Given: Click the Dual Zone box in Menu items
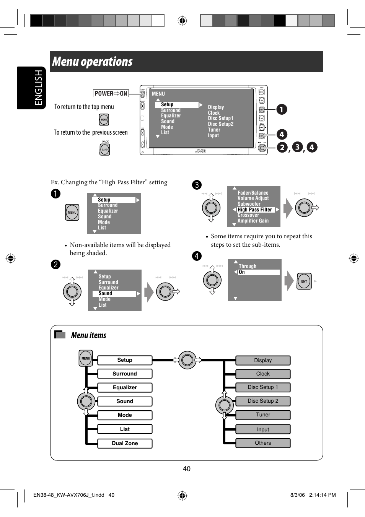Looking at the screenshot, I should pyautogui.click(x=125, y=443).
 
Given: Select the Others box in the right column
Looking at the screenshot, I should pyautogui.click(x=263, y=443).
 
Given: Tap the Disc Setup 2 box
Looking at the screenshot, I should pyautogui.click(x=263, y=401).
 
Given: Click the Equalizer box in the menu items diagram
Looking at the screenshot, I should pyautogui.click(x=125, y=387).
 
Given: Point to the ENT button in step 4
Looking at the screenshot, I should pyautogui.click(x=304, y=281).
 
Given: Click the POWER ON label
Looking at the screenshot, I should pyautogui.click(x=111, y=93).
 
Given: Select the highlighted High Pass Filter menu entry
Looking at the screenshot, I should pyautogui.click(x=255, y=210).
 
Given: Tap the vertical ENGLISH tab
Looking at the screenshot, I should pyautogui.click(x=38, y=88).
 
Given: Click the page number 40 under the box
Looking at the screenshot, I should pyautogui.click(x=187, y=469).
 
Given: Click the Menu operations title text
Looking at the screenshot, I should pyautogui.click(x=93, y=62).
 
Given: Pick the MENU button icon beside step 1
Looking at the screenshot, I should pyautogui.click(x=72, y=212).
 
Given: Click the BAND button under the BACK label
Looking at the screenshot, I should pyautogui.click(x=105, y=150).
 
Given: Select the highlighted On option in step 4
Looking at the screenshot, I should pyautogui.click(x=259, y=272).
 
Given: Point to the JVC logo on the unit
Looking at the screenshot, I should pyautogui.click(x=200, y=151).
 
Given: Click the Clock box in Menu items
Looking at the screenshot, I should pyautogui.click(x=263, y=374).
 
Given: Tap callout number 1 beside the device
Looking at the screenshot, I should pyautogui.click(x=282, y=109).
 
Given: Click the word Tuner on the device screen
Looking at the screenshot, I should pyautogui.click(x=214, y=130).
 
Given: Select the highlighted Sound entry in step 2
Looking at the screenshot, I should pyautogui.click(x=114, y=294).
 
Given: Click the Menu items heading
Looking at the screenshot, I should pyautogui.click(x=89, y=335).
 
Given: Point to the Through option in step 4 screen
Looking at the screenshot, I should pyautogui.click(x=248, y=266).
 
